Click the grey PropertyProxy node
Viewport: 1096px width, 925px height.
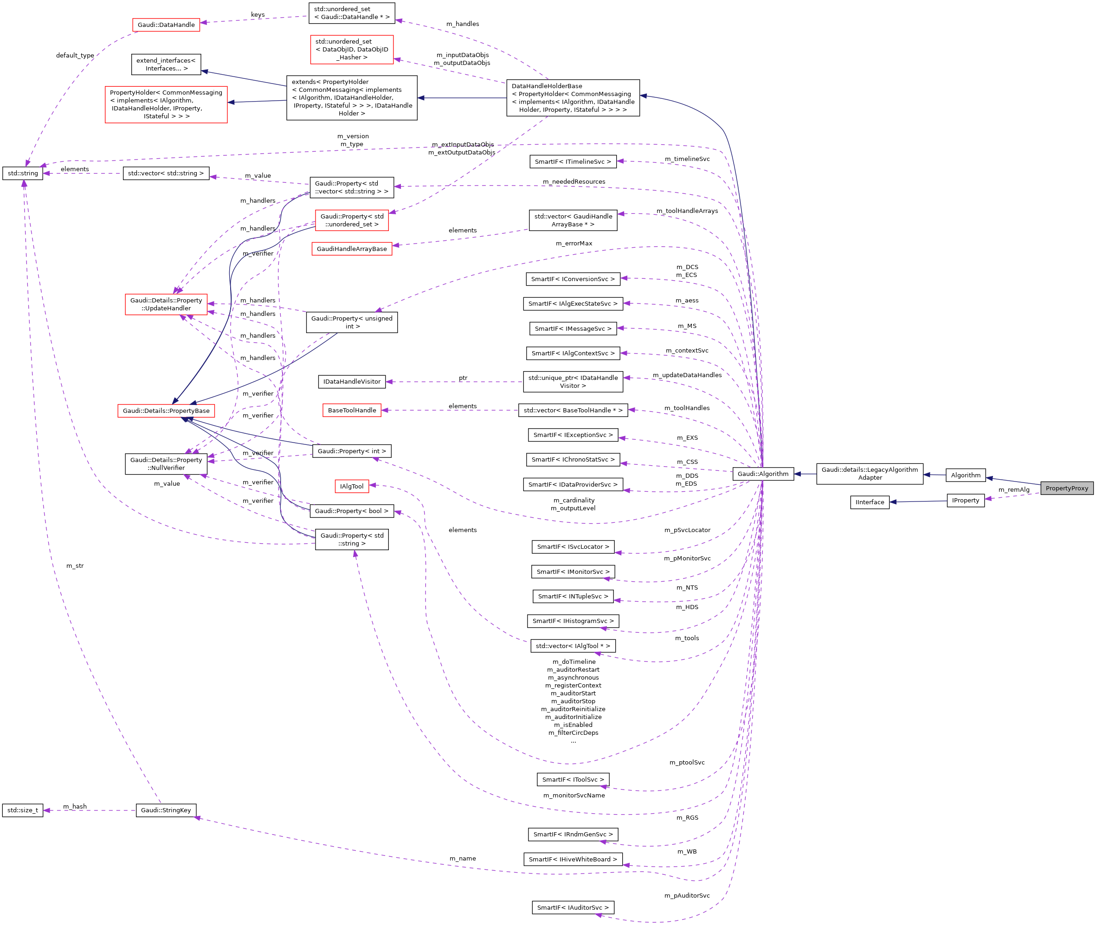click(x=1066, y=488)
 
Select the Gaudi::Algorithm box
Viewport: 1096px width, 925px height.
click(x=762, y=474)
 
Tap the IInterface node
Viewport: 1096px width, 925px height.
click(x=870, y=502)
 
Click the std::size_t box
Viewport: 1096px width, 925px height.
click(x=23, y=810)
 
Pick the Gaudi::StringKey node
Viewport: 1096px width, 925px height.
click(x=166, y=810)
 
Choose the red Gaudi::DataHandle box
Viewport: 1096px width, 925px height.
click(x=166, y=25)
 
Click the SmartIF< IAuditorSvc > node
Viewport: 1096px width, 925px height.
click(x=573, y=907)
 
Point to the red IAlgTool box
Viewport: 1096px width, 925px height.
click(x=351, y=486)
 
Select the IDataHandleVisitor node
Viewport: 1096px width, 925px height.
click(x=351, y=381)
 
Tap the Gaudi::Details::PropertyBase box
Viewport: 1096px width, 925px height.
click(x=166, y=411)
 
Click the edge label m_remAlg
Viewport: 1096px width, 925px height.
click(x=1014, y=490)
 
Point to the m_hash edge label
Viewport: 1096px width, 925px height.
click(x=75, y=807)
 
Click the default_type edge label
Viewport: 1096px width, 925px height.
click(x=75, y=56)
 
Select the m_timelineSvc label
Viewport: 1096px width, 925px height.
click(x=687, y=159)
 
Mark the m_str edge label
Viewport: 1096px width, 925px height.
click(x=75, y=566)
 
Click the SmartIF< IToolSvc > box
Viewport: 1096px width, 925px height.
click(x=573, y=779)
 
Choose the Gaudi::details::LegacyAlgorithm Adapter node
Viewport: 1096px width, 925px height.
click(x=870, y=474)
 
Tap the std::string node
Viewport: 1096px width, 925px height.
click(x=23, y=173)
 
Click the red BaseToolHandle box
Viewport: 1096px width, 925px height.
click(x=351, y=410)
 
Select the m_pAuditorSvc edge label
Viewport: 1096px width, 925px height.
click(x=687, y=896)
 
